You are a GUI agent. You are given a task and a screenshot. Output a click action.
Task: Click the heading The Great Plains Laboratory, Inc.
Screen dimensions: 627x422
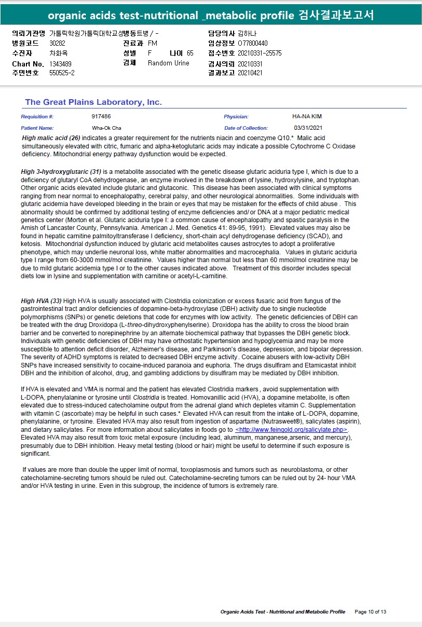point(93,102)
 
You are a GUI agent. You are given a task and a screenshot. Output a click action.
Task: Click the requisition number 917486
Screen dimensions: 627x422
point(101,117)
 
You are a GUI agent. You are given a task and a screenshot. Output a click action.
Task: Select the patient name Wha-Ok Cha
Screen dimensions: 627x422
point(106,128)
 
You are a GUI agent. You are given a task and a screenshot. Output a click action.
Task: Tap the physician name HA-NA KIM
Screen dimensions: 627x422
point(307,117)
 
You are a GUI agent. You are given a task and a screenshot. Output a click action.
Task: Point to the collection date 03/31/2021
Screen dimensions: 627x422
point(308,128)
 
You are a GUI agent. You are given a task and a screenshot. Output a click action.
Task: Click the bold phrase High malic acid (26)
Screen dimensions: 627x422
point(51,139)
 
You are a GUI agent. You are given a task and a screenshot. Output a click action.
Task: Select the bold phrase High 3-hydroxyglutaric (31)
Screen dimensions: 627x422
point(61,172)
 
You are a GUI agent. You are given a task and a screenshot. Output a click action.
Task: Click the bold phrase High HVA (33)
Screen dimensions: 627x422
point(41,301)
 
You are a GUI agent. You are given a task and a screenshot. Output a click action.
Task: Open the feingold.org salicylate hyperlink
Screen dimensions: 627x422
point(291,430)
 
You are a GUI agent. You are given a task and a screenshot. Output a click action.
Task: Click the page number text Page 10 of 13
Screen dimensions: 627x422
point(370,612)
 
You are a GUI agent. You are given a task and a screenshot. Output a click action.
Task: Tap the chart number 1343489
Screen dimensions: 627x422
point(61,63)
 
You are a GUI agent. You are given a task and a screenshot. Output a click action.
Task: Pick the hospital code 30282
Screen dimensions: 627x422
point(57,43)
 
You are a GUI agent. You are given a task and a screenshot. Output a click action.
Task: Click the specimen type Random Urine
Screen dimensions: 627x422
point(169,63)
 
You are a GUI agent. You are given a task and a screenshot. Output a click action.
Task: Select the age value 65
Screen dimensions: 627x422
point(190,53)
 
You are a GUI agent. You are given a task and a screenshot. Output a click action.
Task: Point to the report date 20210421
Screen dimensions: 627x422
point(250,73)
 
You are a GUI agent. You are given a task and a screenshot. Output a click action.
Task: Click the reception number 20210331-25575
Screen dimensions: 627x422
point(260,53)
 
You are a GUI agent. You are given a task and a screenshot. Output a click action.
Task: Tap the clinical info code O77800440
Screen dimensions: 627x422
point(253,43)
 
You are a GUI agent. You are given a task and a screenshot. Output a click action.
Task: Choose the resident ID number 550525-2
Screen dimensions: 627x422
point(62,73)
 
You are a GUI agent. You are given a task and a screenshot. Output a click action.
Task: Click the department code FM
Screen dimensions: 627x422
point(152,43)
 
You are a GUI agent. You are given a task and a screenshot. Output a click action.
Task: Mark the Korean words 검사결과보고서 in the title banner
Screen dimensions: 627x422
point(336,15)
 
